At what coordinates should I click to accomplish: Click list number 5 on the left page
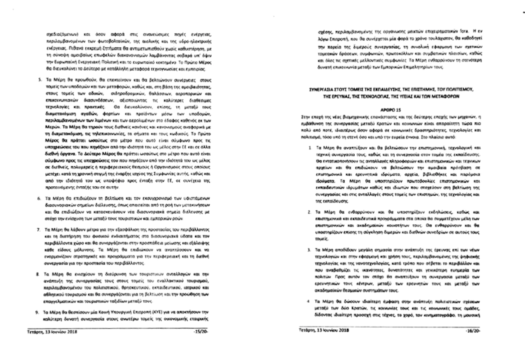[39, 81]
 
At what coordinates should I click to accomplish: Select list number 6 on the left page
[39, 198]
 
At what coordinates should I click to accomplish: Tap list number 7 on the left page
[39, 230]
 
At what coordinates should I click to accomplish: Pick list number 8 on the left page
[38, 274]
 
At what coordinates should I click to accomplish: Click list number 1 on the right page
[310, 147]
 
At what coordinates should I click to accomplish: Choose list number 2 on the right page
[309, 212]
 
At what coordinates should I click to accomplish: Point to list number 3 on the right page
[309, 250]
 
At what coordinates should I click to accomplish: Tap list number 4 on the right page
[309, 301]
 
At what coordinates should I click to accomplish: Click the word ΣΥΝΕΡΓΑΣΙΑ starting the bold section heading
[324, 90]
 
